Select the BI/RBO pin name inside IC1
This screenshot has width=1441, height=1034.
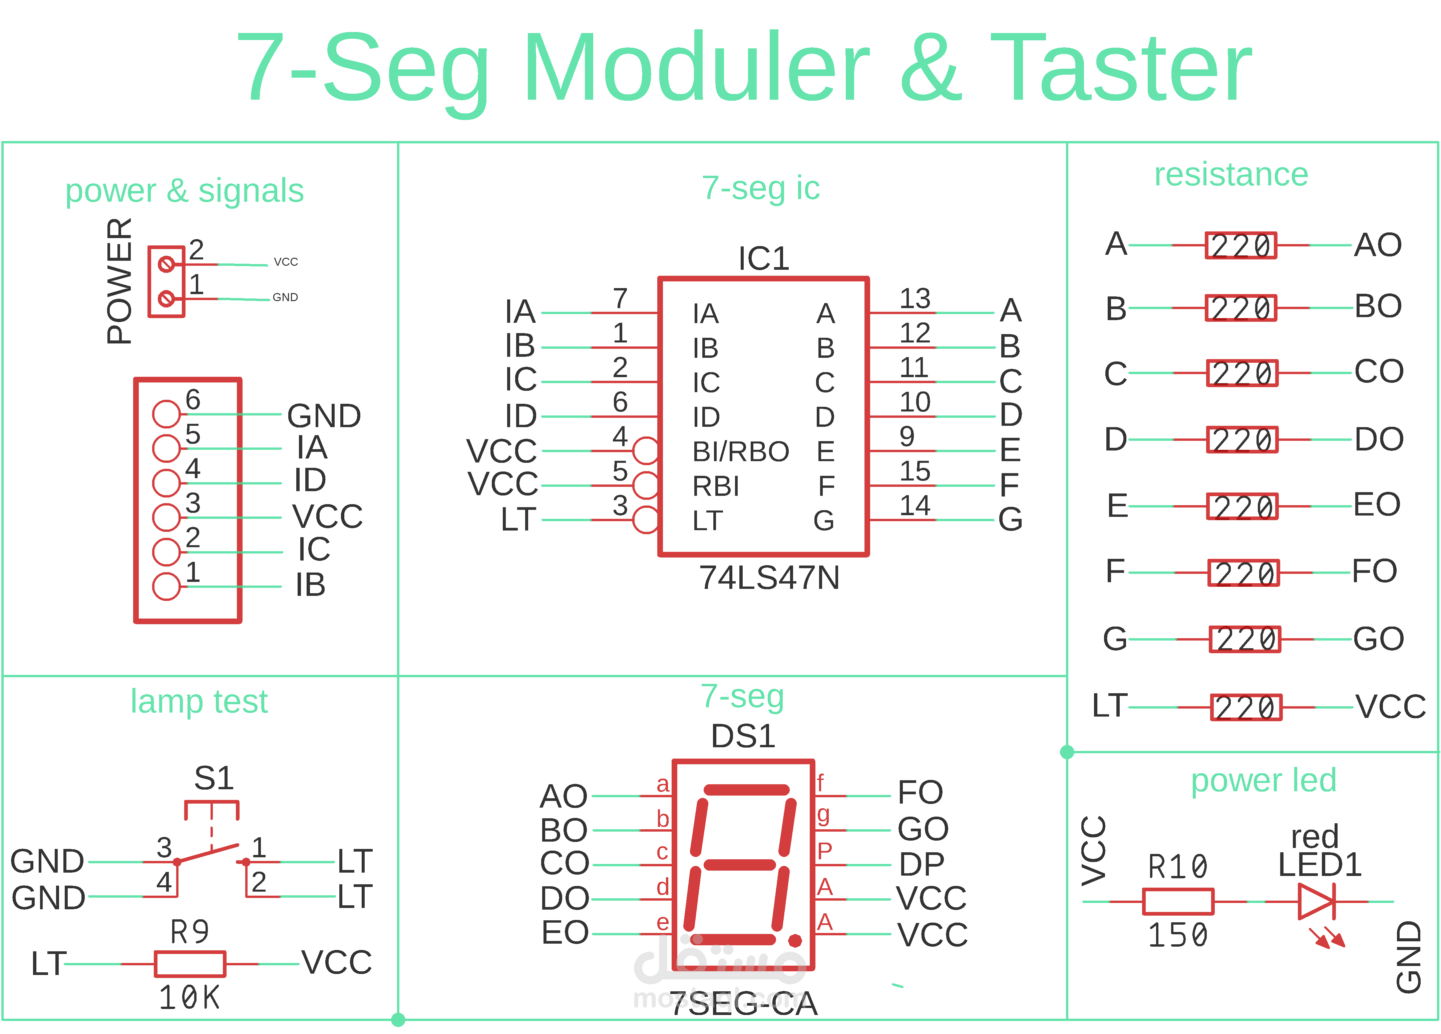point(740,451)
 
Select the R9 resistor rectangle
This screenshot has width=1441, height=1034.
point(190,964)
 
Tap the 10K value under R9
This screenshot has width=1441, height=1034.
point(189,998)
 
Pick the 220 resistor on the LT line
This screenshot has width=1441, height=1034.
point(1246,707)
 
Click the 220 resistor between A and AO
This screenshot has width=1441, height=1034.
point(1241,245)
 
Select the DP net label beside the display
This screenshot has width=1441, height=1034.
point(921,864)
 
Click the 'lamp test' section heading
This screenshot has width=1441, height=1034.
point(199,701)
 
